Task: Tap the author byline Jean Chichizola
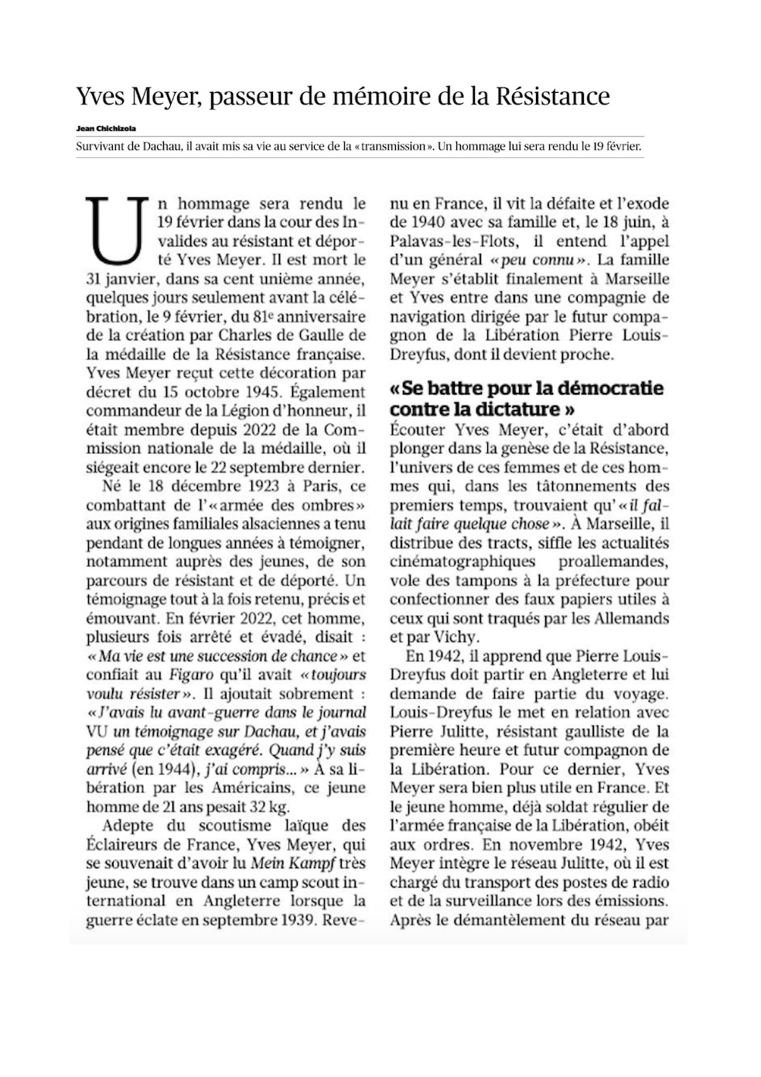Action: (106, 128)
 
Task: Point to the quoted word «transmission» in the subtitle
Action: (393, 145)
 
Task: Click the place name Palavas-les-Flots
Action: (445, 241)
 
